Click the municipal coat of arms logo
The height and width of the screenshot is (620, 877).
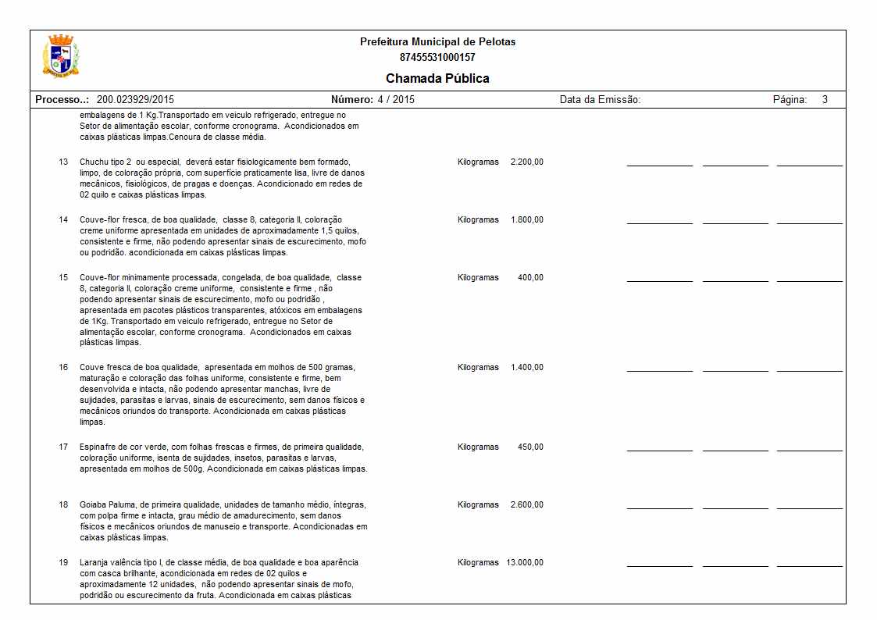(60, 55)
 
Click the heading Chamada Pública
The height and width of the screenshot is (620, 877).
(437, 78)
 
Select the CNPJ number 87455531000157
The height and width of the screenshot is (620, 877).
(437, 57)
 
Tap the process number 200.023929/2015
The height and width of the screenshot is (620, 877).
(135, 100)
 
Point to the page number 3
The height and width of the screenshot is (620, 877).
(825, 100)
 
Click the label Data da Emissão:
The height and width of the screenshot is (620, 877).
(600, 100)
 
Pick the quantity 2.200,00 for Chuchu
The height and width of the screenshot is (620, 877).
(526, 162)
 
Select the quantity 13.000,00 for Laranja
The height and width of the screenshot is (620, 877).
(525, 562)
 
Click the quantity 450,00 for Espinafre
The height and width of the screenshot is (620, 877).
(530, 447)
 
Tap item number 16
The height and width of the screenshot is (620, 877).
(63, 367)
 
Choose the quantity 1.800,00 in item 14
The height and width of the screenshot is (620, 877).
(526, 219)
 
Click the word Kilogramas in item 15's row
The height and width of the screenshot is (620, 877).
(478, 277)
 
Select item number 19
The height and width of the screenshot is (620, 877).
(63, 562)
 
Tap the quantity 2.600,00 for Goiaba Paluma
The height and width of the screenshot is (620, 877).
(526, 504)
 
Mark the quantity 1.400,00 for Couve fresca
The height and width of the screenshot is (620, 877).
(526, 367)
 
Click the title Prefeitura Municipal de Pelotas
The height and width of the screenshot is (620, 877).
(437, 41)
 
